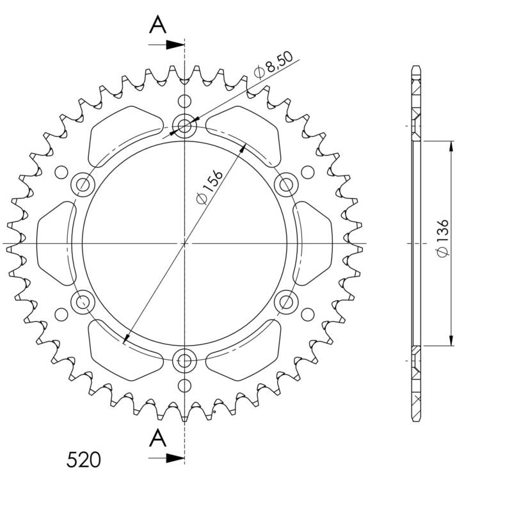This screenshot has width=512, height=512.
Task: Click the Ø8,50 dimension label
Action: (273, 65)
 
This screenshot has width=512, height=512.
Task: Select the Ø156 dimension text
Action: (210, 188)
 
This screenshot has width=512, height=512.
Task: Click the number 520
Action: (84, 460)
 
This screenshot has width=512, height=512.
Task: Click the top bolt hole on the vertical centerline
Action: (185, 125)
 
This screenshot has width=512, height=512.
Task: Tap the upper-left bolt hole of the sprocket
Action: (84, 185)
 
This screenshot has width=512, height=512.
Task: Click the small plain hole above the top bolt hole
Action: (185, 101)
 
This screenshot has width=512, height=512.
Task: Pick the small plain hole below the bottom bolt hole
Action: (185, 385)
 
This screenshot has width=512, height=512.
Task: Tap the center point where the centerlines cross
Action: (185, 243)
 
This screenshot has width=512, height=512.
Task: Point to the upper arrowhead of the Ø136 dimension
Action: (452, 147)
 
